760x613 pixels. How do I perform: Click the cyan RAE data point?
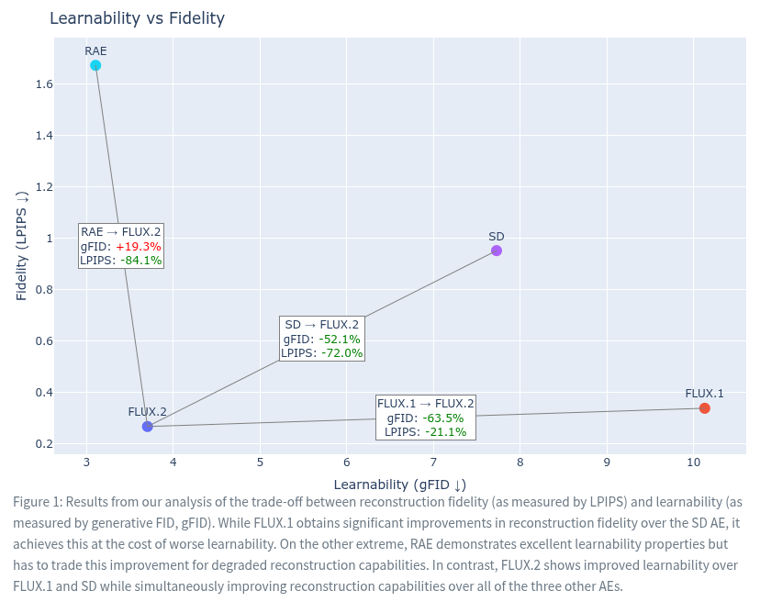point(95,65)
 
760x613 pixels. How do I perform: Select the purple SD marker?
point(497,251)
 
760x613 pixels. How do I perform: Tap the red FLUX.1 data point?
point(705,408)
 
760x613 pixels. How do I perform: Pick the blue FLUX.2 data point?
point(148,427)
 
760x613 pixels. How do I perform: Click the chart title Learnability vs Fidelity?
point(137,18)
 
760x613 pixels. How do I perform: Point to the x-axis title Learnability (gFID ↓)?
point(399,485)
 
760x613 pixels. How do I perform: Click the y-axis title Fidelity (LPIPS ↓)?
point(22,245)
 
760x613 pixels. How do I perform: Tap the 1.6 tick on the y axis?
point(43,84)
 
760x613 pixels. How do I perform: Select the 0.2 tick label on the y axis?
point(43,444)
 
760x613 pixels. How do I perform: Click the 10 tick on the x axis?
point(693,462)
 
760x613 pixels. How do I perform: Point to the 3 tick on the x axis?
point(87,462)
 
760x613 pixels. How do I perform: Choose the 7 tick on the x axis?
point(433,462)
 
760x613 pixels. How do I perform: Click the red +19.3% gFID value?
point(138,246)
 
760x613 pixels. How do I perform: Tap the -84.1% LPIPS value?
point(140,261)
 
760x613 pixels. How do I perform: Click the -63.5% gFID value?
point(443,418)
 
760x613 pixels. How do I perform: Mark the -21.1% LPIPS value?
point(445,432)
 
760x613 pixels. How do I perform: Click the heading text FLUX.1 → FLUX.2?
point(426,404)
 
